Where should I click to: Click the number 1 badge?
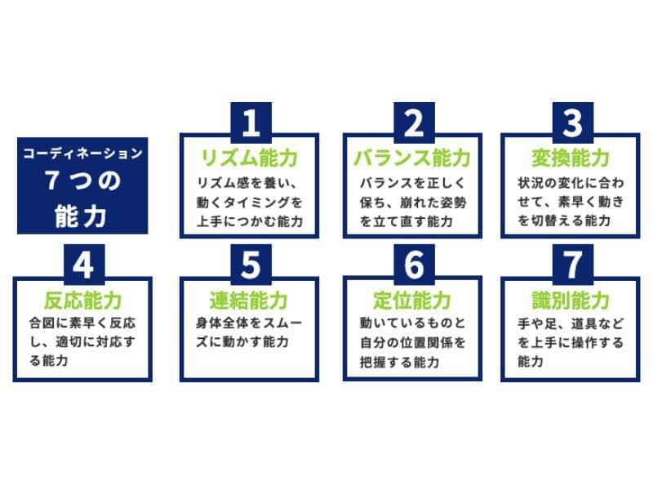point(251,122)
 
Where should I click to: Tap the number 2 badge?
point(415,122)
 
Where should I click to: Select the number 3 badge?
point(573,122)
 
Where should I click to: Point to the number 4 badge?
point(84,265)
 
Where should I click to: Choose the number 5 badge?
point(251,265)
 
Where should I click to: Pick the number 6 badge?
point(415,265)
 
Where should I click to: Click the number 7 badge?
point(573,265)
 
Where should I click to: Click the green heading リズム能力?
point(250,158)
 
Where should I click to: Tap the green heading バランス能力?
point(412,158)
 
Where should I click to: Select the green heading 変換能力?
point(571,158)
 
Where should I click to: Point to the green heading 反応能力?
point(83,301)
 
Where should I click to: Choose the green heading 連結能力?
point(249,301)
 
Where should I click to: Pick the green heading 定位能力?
point(412,301)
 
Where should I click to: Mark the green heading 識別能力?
point(571,301)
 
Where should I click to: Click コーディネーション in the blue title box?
point(83,154)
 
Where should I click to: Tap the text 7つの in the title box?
point(83,180)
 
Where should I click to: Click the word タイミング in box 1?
point(257,203)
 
